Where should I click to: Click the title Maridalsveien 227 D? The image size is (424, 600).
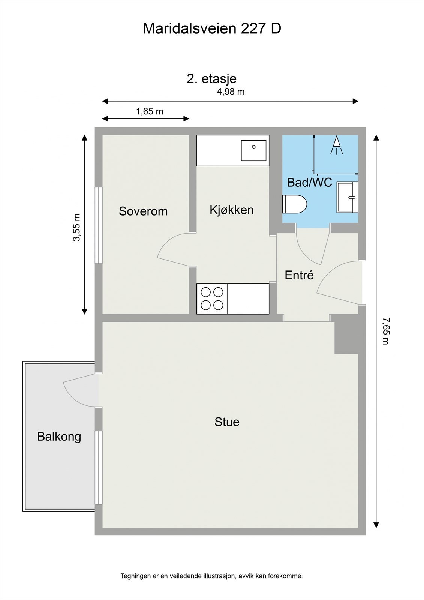tap(212, 28)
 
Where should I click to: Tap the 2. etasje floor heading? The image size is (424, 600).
tap(211, 78)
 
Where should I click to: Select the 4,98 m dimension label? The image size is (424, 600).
tap(231, 91)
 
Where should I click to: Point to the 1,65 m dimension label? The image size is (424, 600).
tap(149, 111)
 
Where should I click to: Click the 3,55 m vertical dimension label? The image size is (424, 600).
tap(76, 228)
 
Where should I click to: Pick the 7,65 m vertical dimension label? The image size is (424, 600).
tap(385, 331)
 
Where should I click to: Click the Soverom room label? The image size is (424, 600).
tap(143, 211)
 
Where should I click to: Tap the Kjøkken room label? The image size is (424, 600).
tap(231, 210)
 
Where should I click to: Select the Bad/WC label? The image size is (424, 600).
tap(309, 183)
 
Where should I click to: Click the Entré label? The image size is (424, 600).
tap(299, 275)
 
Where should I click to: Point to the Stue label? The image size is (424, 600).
tap(227, 422)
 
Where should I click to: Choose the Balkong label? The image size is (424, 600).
tap(59, 436)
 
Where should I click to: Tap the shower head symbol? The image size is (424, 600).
tap(337, 145)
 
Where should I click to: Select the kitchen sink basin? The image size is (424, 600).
tap(253, 150)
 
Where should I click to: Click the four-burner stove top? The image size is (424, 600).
tap(212, 298)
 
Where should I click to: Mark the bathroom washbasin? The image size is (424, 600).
tap(348, 197)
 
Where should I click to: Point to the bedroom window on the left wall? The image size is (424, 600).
tap(98, 225)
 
